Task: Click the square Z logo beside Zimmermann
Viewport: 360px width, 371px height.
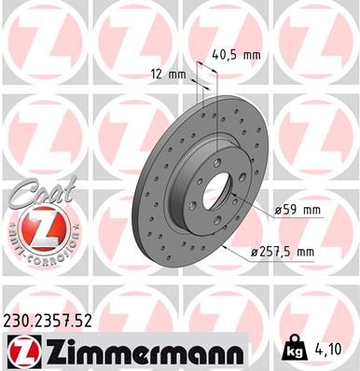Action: (x=20, y=351)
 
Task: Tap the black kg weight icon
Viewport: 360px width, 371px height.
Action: (x=292, y=351)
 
